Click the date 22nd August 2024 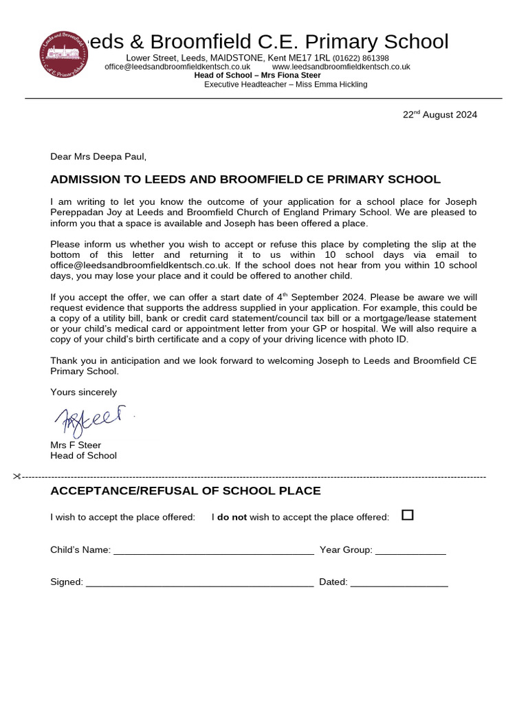[439, 115]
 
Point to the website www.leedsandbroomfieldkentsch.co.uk [341, 67]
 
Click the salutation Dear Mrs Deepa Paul [98, 157]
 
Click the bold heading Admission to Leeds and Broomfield [245, 179]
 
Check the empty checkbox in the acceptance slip [408, 515]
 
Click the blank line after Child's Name [213, 551]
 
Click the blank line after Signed [199, 583]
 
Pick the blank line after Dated [399, 583]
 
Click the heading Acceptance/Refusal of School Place [186, 491]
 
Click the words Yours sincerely [84, 393]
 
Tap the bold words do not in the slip [232, 517]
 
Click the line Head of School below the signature [84, 455]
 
